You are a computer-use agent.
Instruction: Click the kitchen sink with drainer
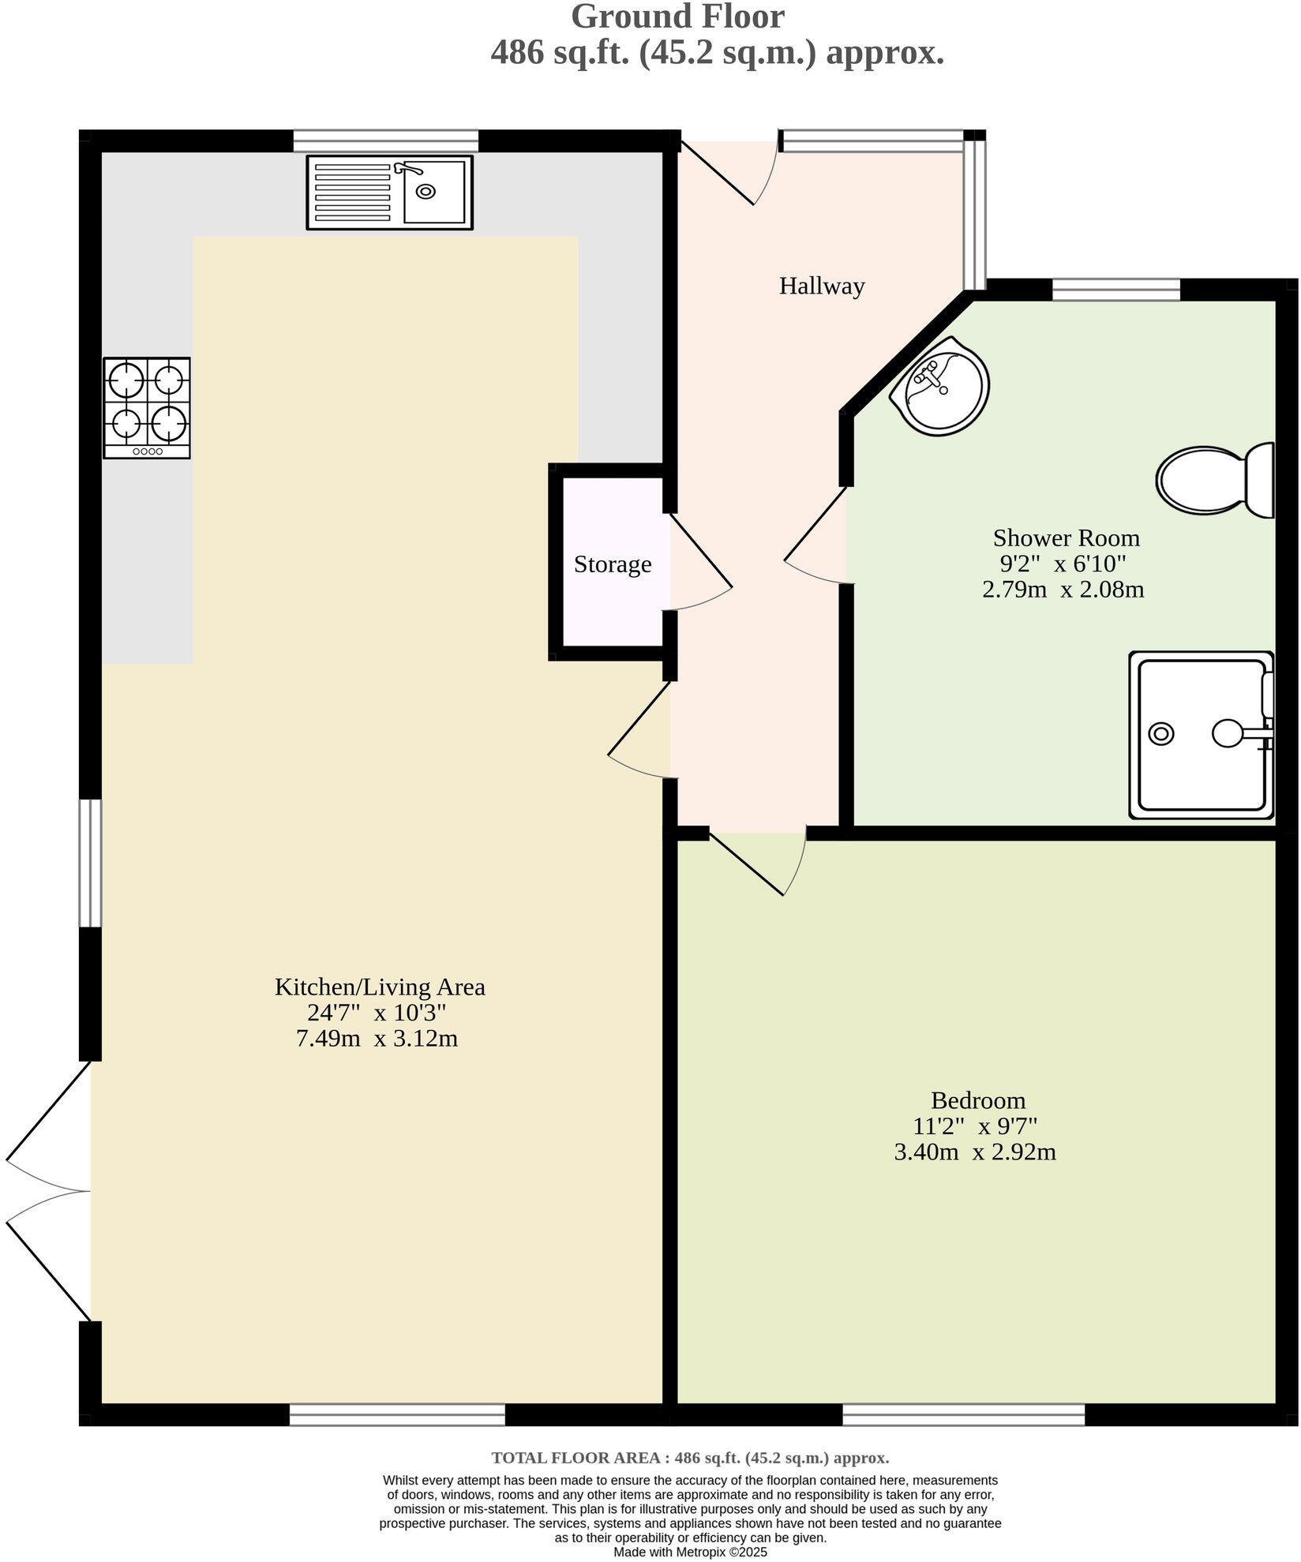tap(389, 193)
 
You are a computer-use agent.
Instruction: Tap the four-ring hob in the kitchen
tap(147, 407)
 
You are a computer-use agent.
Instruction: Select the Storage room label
tap(612, 564)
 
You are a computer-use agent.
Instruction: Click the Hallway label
tap(821, 286)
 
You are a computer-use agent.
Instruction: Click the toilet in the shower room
tap(1216, 480)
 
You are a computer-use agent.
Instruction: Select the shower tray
tap(1201, 735)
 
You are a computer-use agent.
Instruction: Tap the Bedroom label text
tap(977, 1099)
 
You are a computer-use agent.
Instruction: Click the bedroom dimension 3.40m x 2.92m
tap(974, 1152)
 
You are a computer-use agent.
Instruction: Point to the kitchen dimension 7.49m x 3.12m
tap(377, 1038)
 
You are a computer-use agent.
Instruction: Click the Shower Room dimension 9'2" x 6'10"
tap(1062, 564)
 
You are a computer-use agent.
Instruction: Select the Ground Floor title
tap(677, 17)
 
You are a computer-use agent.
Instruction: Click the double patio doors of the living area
tap(47, 1191)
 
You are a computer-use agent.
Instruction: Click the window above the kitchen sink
tap(385, 141)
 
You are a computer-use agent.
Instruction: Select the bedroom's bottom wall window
tap(963, 1414)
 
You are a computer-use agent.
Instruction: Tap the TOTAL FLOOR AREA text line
tap(690, 1458)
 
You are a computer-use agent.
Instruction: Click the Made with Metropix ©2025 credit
tap(690, 1551)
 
